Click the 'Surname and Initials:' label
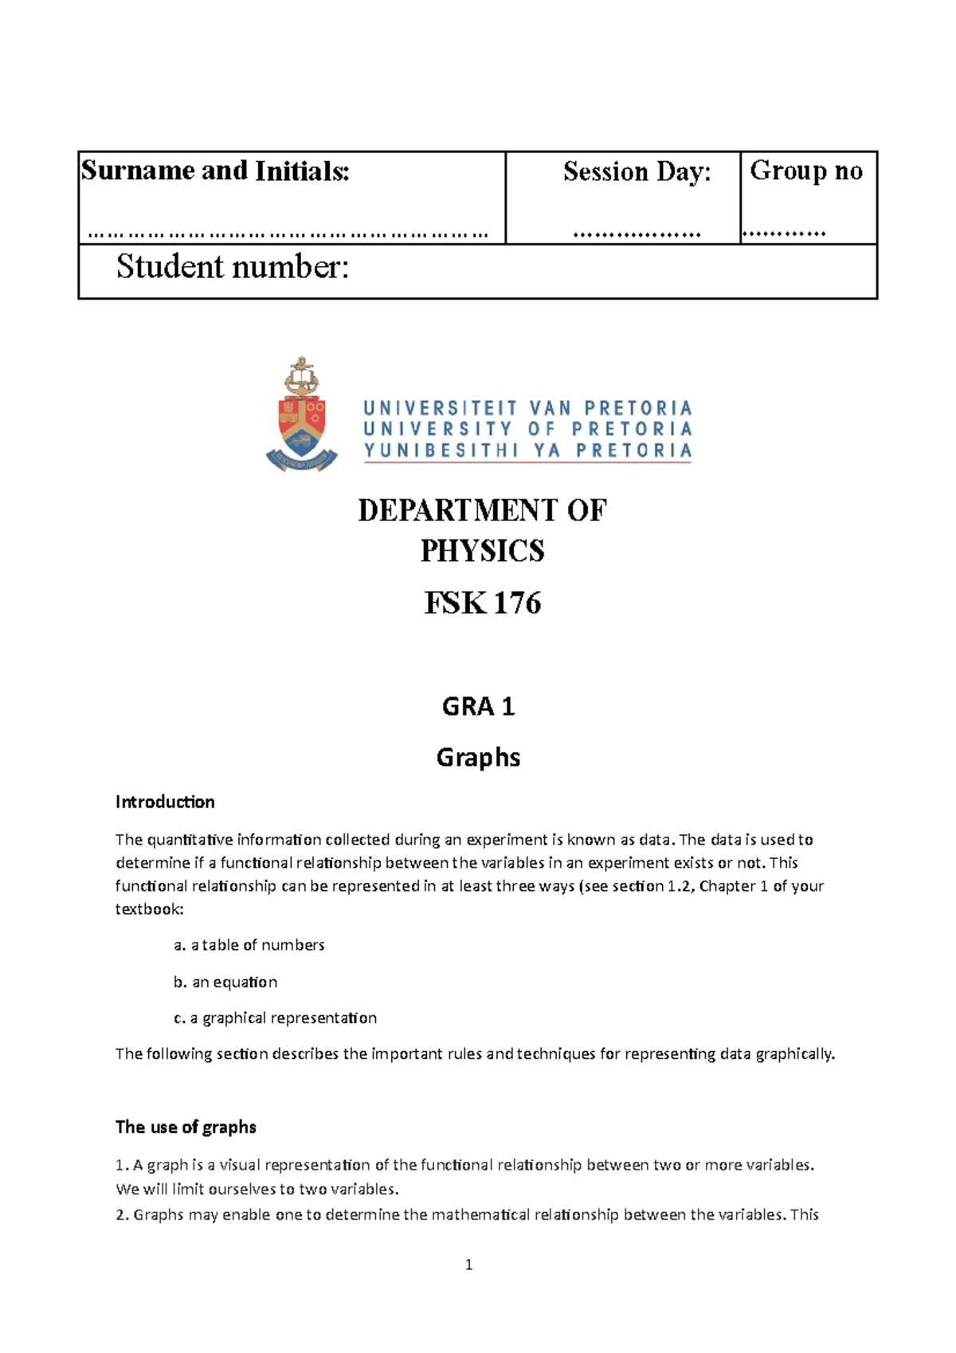(x=215, y=171)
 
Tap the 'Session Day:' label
(x=637, y=172)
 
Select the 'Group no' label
(x=806, y=171)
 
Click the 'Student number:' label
(x=233, y=268)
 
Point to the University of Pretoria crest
(x=302, y=415)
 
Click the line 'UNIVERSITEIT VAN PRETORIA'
(x=527, y=408)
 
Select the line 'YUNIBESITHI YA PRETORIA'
(x=527, y=451)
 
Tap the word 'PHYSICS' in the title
(x=482, y=551)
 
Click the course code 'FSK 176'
(x=482, y=603)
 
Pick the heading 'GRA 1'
(x=478, y=707)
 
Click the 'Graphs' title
(x=478, y=757)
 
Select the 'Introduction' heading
(x=165, y=802)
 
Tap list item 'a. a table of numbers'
(x=249, y=945)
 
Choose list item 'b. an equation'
(x=225, y=982)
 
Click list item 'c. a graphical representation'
(x=275, y=1018)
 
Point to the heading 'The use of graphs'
(x=186, y=1127)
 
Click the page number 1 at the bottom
(x=468, y=1265)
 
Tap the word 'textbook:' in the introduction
(x=149, y=909)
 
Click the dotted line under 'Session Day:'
(x=637, y=235)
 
